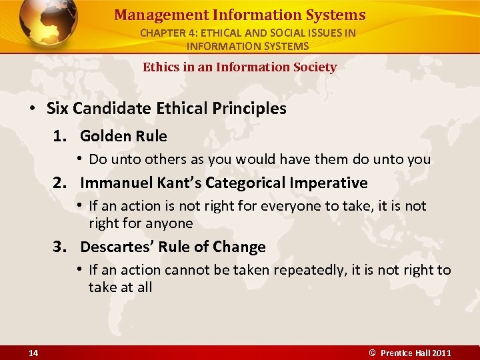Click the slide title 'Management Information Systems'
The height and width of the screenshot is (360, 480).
[239, 15]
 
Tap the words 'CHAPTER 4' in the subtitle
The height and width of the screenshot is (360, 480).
[165, 33]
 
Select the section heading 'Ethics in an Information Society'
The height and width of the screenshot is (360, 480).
[239, 67]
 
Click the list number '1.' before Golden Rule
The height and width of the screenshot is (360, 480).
[63, 136]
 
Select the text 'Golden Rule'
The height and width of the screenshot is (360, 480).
[123, 136]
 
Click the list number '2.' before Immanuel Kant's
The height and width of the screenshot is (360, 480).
[63, 183]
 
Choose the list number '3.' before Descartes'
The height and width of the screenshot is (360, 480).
[63, 247]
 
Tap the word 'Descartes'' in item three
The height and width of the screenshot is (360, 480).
[111, 247]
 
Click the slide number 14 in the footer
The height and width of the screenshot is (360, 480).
[33, 353]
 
